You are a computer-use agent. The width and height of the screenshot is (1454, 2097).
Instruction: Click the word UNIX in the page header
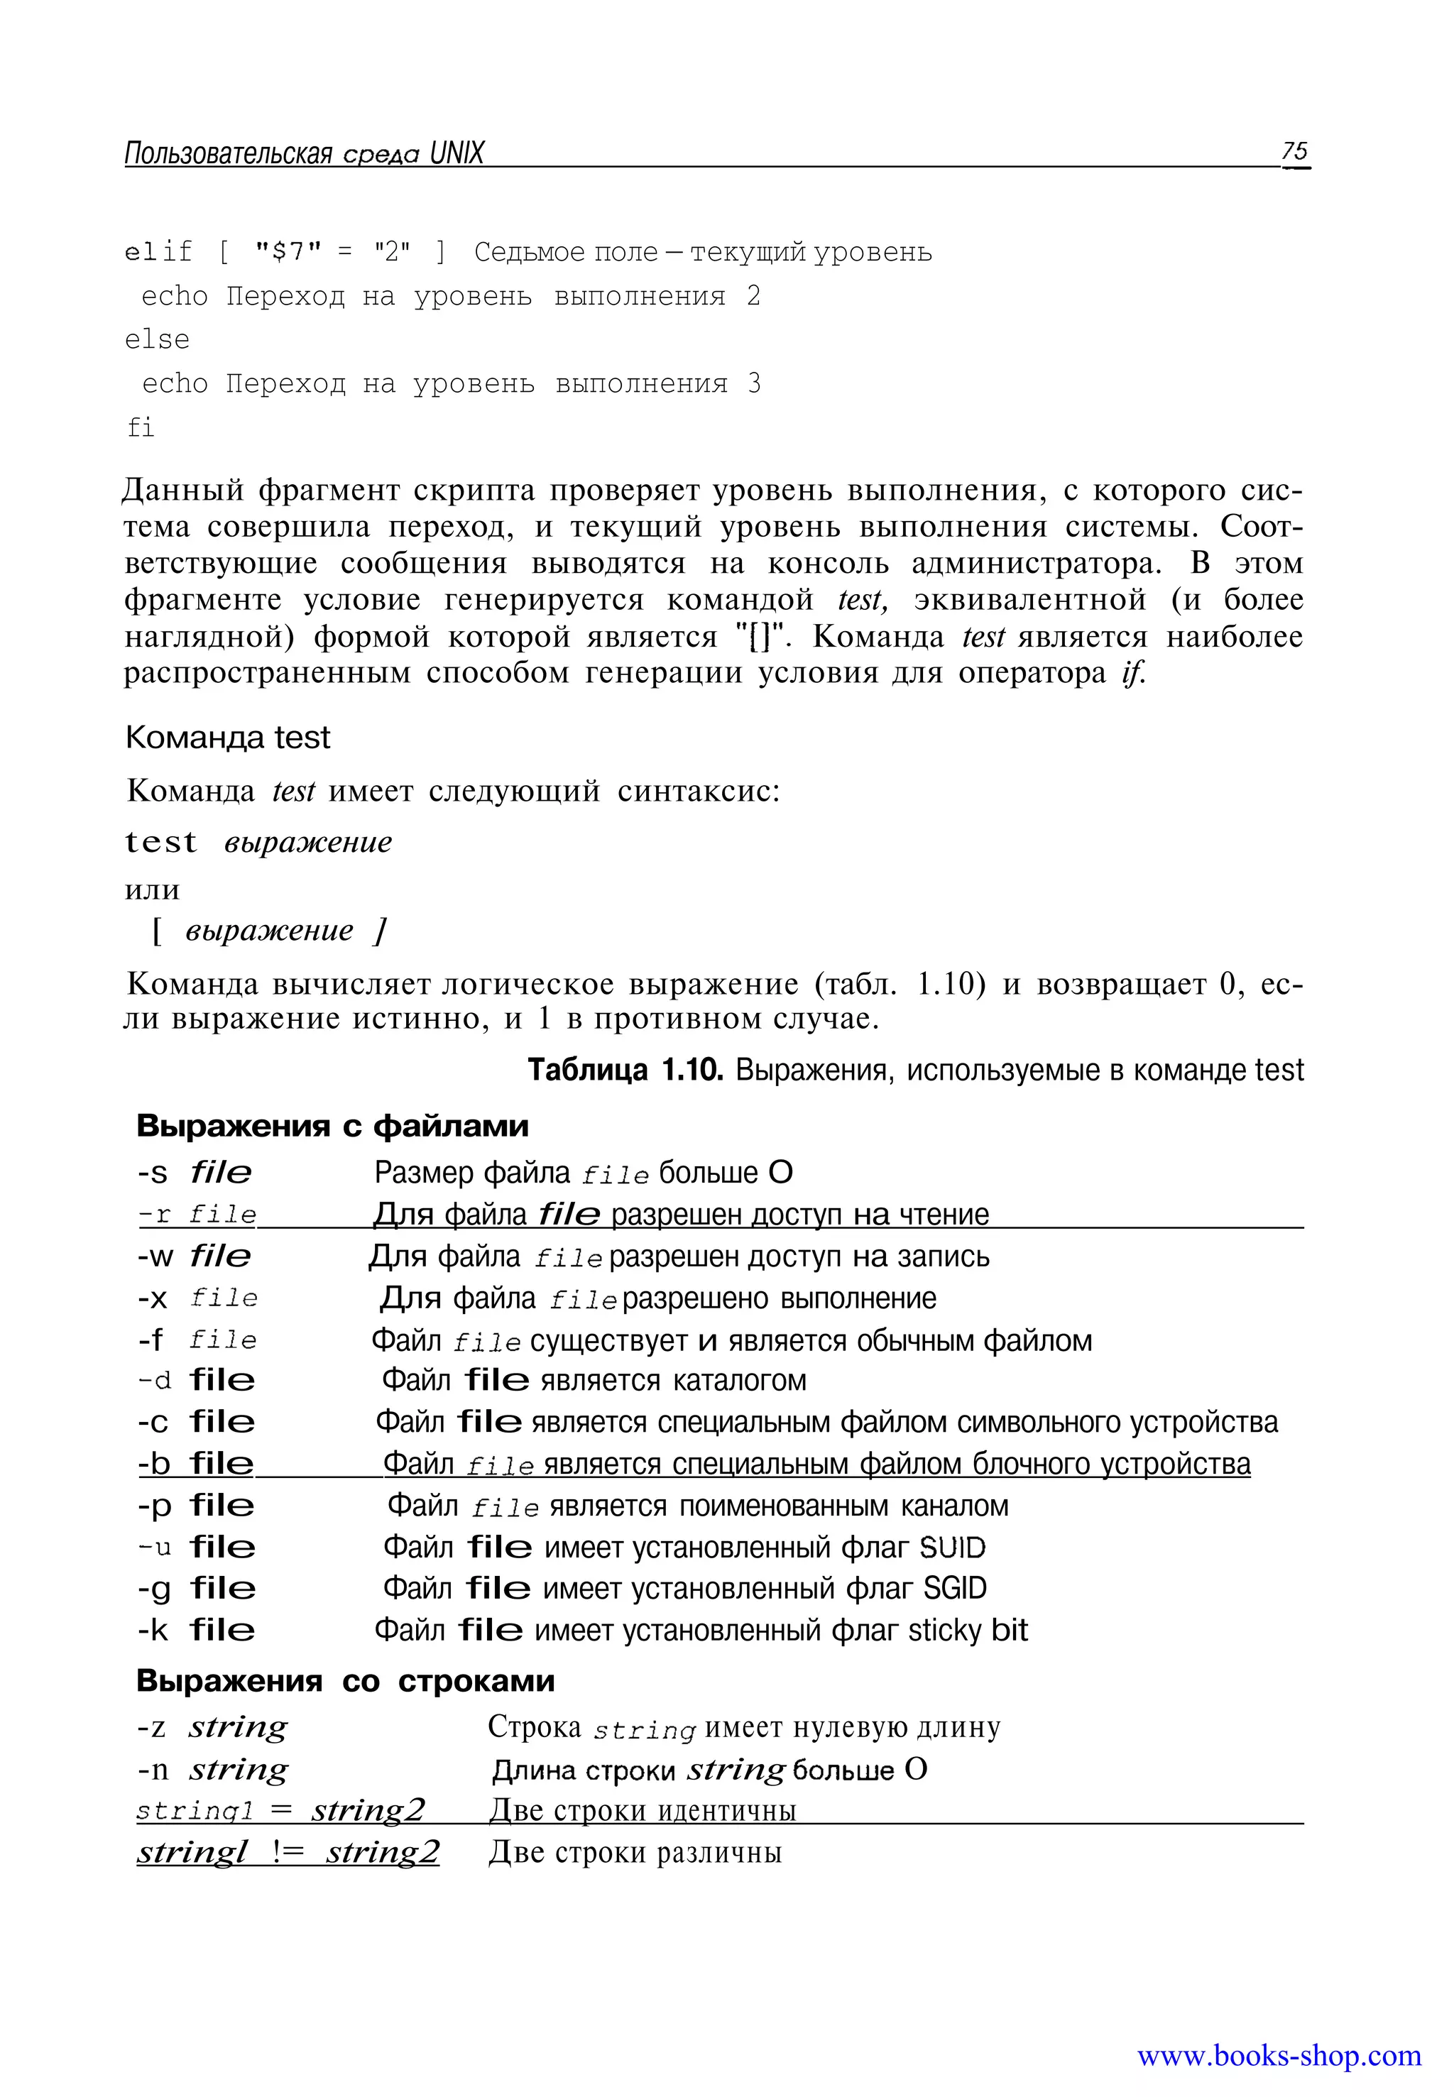457,153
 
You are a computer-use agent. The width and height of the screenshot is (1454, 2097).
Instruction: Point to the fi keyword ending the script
141,427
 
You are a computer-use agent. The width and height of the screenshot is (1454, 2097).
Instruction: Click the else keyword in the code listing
157,340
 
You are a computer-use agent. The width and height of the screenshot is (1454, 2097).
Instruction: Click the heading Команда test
228,737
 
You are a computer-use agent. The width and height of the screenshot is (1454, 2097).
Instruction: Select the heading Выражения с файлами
332,1126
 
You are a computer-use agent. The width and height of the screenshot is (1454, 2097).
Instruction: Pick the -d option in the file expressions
154,1381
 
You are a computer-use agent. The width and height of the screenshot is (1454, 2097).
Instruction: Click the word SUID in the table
952,1548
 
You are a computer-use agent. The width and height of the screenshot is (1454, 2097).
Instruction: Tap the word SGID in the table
954,1589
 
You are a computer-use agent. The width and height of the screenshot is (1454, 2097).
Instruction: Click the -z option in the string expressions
152,1727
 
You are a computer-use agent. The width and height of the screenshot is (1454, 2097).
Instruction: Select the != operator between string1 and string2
288,1852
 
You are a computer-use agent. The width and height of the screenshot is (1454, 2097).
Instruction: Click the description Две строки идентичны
643,1810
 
